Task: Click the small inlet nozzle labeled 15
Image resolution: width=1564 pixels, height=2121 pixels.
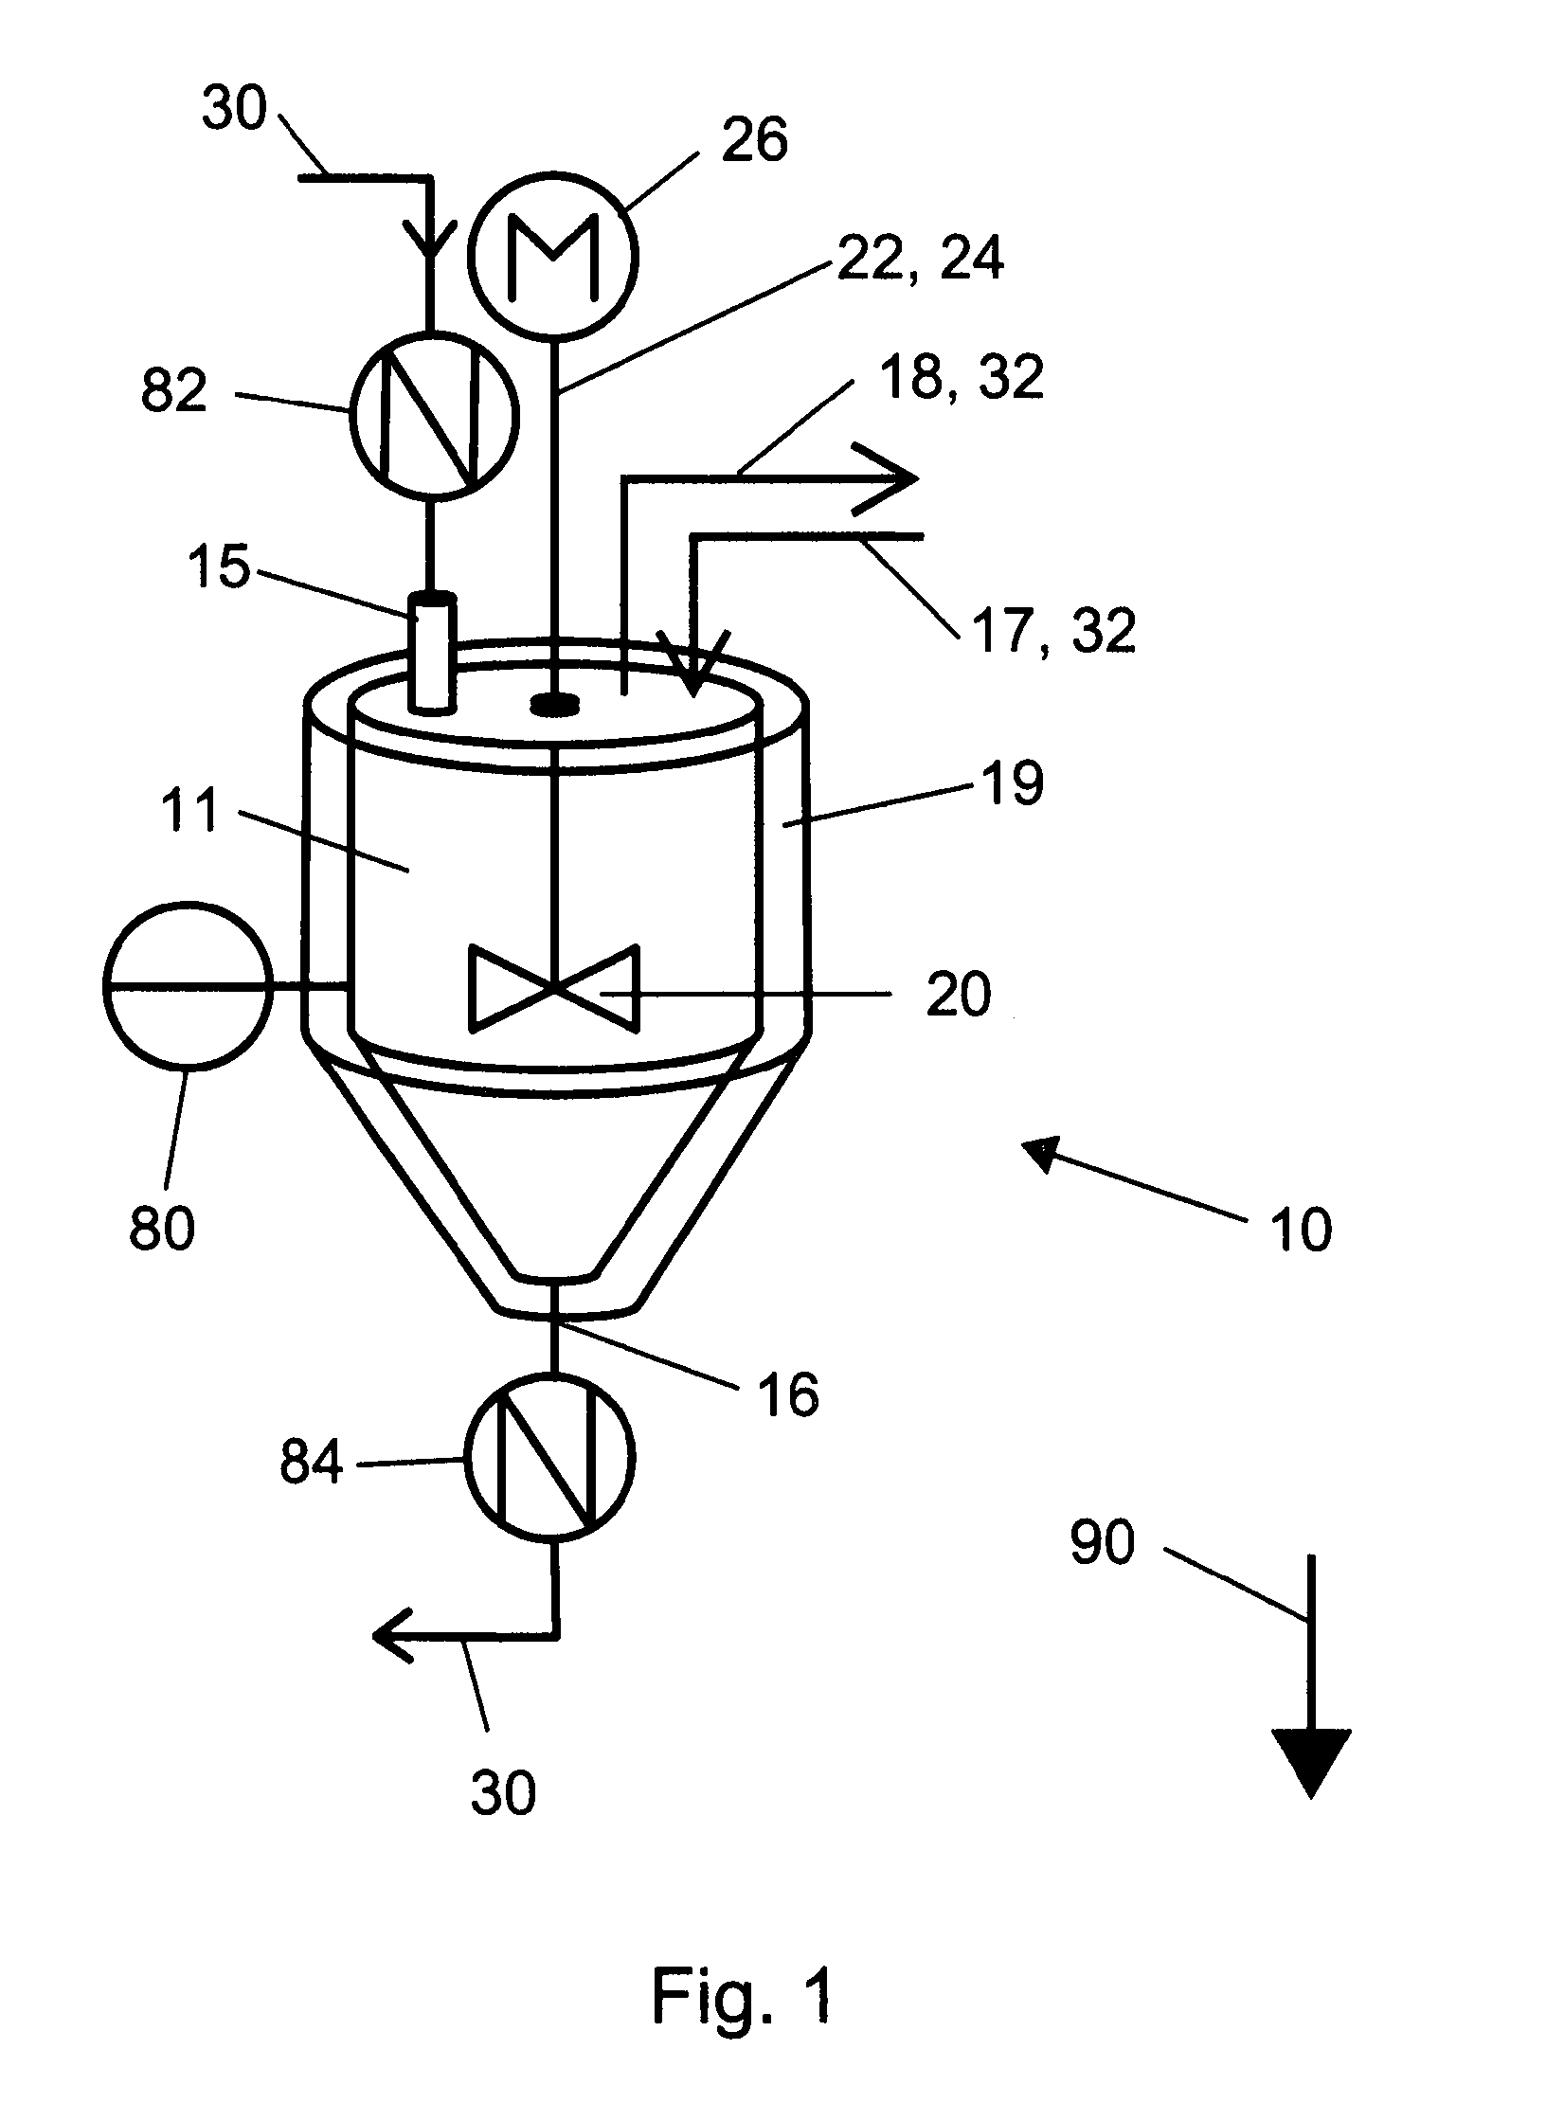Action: point(430,651)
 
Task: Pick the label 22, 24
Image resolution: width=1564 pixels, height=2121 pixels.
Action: point(918,257)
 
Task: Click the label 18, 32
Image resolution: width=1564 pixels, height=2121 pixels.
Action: point(960,375)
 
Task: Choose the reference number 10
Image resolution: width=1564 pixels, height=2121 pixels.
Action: point(1303,1231)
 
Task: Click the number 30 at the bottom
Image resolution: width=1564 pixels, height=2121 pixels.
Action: point(503,1793)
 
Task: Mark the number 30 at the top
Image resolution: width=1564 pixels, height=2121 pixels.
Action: point(235,108)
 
